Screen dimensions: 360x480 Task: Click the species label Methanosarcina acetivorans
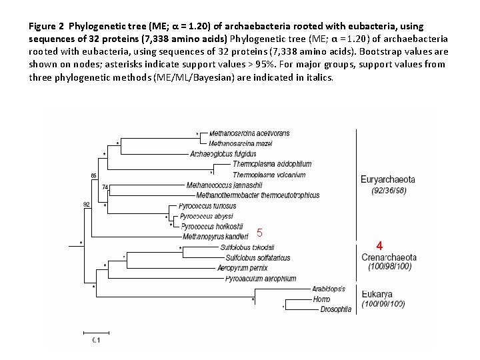pos(249,133)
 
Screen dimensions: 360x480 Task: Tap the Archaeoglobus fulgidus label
pos(223,154)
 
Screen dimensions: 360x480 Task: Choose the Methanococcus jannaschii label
pos(225,185)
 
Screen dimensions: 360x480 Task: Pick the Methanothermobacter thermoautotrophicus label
pos(258,195)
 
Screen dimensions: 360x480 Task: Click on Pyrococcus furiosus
pos(207,206)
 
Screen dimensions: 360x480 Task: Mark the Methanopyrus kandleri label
pos(215,236)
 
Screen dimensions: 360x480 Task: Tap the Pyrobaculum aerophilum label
pos(261,278)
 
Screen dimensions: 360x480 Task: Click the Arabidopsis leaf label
pos(329,289)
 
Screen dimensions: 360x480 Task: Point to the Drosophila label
pos(336,309)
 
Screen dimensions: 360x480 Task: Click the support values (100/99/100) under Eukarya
pos(383,305)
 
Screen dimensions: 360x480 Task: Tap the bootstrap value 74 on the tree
pos(105,187)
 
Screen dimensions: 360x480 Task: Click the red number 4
pos(379,245)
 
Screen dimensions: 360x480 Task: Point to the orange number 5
pos(260,233)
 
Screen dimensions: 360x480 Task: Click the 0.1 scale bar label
pos(96,341)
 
